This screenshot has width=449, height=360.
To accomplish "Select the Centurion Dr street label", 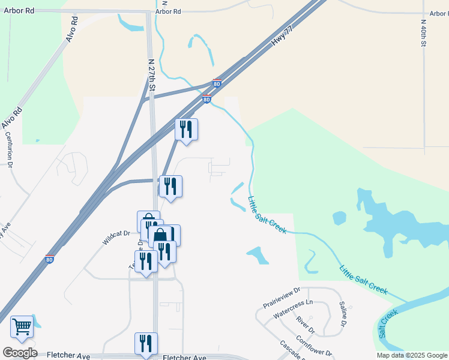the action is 10,155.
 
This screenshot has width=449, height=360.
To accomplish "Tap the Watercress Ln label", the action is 293,310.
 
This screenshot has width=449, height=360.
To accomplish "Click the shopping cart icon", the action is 22,327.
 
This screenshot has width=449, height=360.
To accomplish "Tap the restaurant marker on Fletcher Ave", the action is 146,343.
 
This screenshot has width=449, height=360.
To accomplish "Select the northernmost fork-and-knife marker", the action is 186,129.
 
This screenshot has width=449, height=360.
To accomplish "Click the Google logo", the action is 20,353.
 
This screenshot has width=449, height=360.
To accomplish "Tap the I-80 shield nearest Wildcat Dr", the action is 50,259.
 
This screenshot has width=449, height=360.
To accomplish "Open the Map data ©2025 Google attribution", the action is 411,355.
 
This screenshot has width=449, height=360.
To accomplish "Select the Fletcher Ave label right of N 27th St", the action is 184,358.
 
